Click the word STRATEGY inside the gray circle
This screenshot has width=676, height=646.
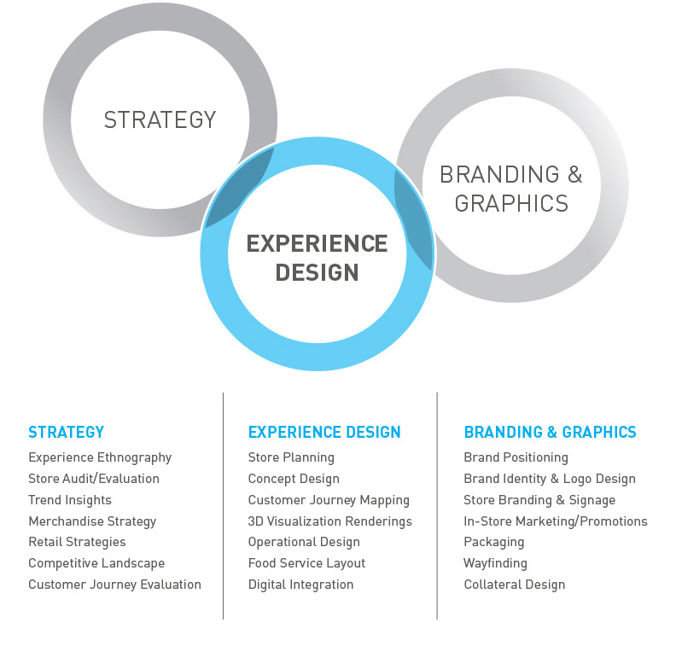pyautogui.click(x=160, y=119)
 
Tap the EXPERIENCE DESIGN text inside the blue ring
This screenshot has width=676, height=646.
pyautogui.click(x=317, y=258)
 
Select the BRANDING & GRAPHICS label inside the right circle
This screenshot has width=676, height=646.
pyautogui.click(x=510, y=189)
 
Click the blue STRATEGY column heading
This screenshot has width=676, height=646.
pyautogui.click(x=66, y=432)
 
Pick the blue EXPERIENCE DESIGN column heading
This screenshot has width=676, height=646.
pyautogui.click(x=324, y=432)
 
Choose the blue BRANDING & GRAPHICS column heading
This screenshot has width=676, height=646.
pyautogui.click(x=550, y=432)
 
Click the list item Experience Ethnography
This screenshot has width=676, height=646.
pyautogui.click(x=100, y=457)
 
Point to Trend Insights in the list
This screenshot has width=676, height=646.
pyautogui.click(x=70, y=500)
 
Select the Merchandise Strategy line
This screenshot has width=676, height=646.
pyautogui.click(x=92, y=521)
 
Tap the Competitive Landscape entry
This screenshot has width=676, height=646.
pyautogui.click(x=96, y=563)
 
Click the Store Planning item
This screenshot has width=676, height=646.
pyautogui.click(x=291, y=457)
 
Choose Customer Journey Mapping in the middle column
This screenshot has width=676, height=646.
pyautogui.click(x=329, y=500)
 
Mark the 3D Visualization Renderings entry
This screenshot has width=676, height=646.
pyautogui.click(x=329, y=521)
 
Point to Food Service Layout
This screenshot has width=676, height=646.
pyautogui.click(x=306, y=563)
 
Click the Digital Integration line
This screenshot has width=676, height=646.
pyautogui.click(x=300, y=585)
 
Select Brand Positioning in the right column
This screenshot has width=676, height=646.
pyautogui.click(x=516, y=457)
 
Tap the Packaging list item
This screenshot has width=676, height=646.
pyautogui.click(x=493, y=542)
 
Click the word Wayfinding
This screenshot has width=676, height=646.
pyautogui.click(x=495, y=563)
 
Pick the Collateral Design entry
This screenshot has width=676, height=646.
pyautogui.click(x=514, y=585)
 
